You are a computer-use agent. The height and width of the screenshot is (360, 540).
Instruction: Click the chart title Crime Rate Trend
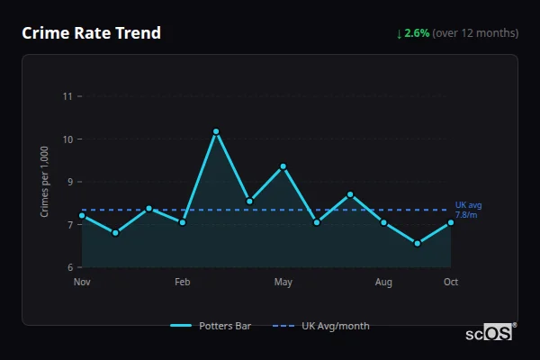coord(91,33)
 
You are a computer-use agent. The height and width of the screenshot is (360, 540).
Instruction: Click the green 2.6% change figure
coord(417,33)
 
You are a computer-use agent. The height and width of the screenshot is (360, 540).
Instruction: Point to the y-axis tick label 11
coord(67,96)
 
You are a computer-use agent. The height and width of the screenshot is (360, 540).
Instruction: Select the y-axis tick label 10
coord(67,139)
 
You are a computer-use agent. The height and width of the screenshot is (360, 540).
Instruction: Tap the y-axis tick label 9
coord(70,182)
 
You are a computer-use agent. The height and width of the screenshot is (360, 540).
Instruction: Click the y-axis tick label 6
coord(70,267)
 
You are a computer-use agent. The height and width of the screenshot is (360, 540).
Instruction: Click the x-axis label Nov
coord(82,283)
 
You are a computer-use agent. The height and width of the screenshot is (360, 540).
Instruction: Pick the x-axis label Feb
coord(183,283)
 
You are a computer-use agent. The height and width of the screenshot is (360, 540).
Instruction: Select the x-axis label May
coord(283,283)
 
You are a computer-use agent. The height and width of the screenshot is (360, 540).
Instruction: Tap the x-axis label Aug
coord(384,283)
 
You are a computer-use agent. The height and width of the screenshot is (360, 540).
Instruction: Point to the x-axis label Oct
coord(451,283)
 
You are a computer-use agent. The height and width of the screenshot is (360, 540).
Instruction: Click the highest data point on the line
coord(216,131)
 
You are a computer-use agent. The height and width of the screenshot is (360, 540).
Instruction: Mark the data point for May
coord(283,166)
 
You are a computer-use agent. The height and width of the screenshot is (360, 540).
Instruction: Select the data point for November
coord(82,215)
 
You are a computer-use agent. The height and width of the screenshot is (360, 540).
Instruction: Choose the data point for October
coord(451,222)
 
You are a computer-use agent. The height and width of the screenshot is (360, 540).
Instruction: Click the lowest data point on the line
coord(418,243)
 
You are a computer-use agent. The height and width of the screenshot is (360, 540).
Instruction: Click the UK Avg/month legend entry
coord(323,326)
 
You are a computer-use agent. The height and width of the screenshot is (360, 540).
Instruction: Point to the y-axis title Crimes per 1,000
coord(45,182)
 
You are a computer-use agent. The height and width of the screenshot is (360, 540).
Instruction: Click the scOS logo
coord(489,332)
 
